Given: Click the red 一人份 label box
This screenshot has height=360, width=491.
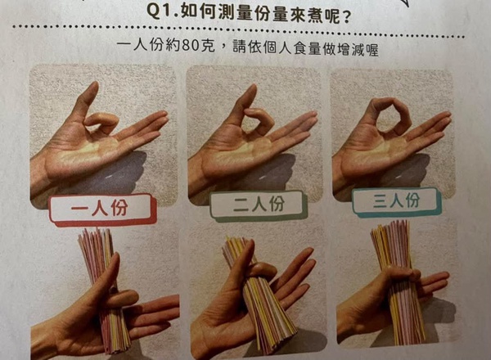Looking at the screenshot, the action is point(102,209).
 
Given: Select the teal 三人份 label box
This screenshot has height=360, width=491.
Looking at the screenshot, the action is point(396,201).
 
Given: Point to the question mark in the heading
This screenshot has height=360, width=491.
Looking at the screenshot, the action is point(346,18).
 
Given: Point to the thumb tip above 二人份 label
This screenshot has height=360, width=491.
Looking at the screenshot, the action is point(251,90).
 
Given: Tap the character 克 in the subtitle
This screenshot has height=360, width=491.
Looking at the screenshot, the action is point(207,46).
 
